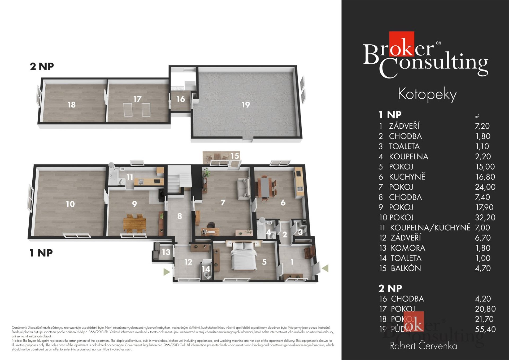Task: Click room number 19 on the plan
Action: [246, 105]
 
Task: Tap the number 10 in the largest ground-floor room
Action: [70, 204]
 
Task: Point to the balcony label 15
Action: [235, 156]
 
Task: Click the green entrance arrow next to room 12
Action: [166, 272]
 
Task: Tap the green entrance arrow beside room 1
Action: [326, 268]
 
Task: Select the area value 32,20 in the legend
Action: [485, 218]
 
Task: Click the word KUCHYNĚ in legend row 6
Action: [407, 177]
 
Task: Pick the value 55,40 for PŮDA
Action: [485, 329]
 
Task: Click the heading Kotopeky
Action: [427, 94]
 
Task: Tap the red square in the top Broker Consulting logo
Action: [401, 44]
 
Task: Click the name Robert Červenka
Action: [423, 346]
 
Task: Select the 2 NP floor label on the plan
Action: [42, 66]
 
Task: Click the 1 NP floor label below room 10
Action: [41, 253]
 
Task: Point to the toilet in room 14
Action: [207, 276]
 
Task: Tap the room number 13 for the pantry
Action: [166, 252]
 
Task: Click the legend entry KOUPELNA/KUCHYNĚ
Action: [430, 228]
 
